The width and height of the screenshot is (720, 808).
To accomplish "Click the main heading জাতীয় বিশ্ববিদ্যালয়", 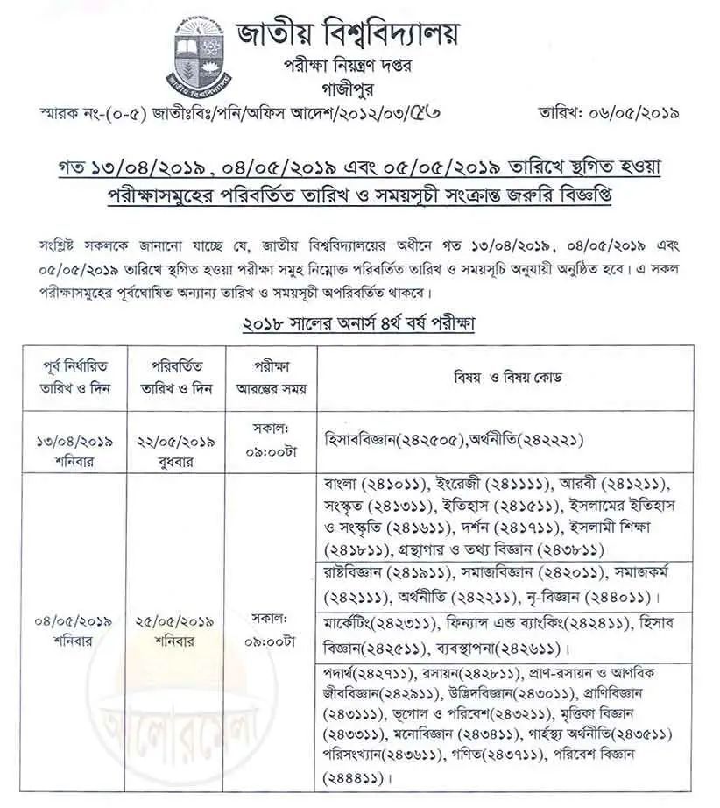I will point(348,34).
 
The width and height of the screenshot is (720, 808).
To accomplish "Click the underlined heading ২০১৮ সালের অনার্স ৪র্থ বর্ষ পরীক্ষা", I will point(359,323).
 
